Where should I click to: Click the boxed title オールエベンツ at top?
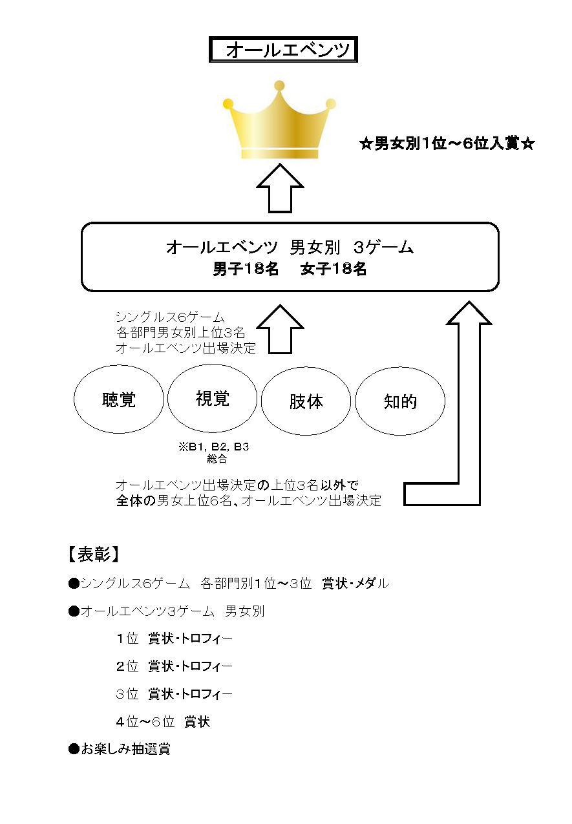tap(283, 49)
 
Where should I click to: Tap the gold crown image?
tap(280, 120)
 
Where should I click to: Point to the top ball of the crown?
tap(280, 85)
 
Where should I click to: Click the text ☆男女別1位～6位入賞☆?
tap(447, 143)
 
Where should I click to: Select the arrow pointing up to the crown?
tap(280, 188)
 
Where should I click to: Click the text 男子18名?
tap(246, 269)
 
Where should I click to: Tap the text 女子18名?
tap(334, 269)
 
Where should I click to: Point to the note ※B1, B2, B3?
tap(214, 447)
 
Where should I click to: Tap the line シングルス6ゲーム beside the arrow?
tap(170, 317)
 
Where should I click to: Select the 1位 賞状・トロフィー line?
tap(175, 639)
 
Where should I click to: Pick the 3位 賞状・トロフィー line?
tap(175, 694)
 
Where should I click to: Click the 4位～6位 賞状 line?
tap(163, 722)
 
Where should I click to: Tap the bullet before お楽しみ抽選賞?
tap(74, 749)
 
